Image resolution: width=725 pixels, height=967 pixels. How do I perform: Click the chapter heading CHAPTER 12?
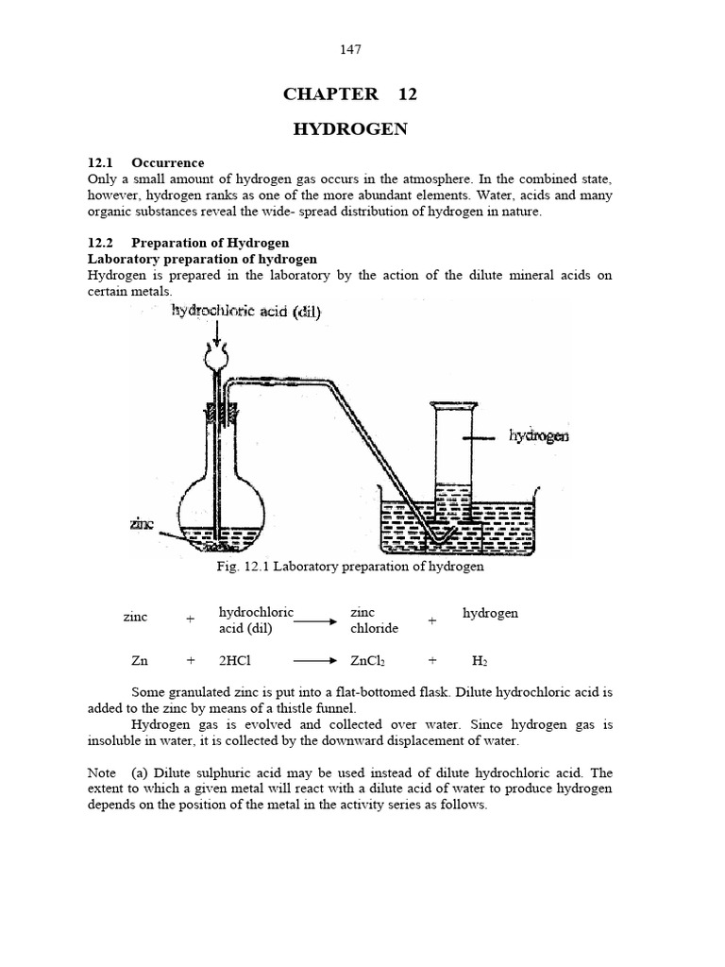point(349,93)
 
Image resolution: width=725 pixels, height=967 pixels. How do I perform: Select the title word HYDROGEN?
point(349,129)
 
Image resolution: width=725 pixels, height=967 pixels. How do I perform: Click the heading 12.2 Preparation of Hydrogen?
point(188,243)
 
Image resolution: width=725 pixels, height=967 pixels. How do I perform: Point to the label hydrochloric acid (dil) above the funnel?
point(245,313)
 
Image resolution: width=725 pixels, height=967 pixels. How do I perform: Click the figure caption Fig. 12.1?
point(348,567)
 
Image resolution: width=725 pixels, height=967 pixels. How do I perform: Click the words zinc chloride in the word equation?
point(374,620)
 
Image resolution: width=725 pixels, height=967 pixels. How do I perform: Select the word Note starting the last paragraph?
point(103,773)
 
